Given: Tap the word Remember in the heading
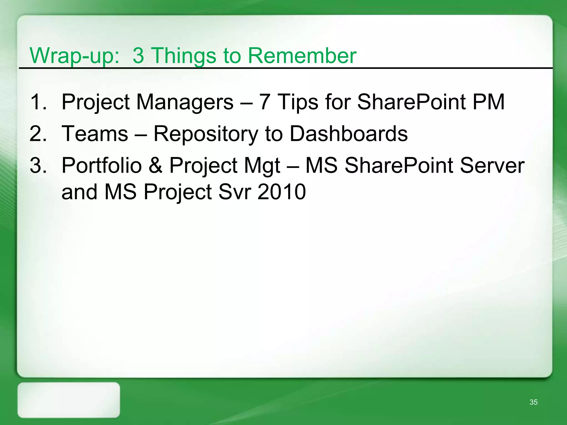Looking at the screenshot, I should tap(302, 56).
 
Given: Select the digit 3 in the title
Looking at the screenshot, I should tap(138, 56).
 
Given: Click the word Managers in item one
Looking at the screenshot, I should tap(185, 102).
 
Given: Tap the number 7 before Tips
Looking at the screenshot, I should tap(264, 102).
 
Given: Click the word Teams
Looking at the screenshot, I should tap(95, 134).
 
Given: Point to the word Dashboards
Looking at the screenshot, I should tap(349, 134).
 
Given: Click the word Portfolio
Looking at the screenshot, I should tap(101, 165).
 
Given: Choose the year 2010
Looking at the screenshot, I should tap(282, 192).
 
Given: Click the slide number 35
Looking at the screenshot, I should tap(534, 402).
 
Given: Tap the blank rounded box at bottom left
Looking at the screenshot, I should tap(69, 400).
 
